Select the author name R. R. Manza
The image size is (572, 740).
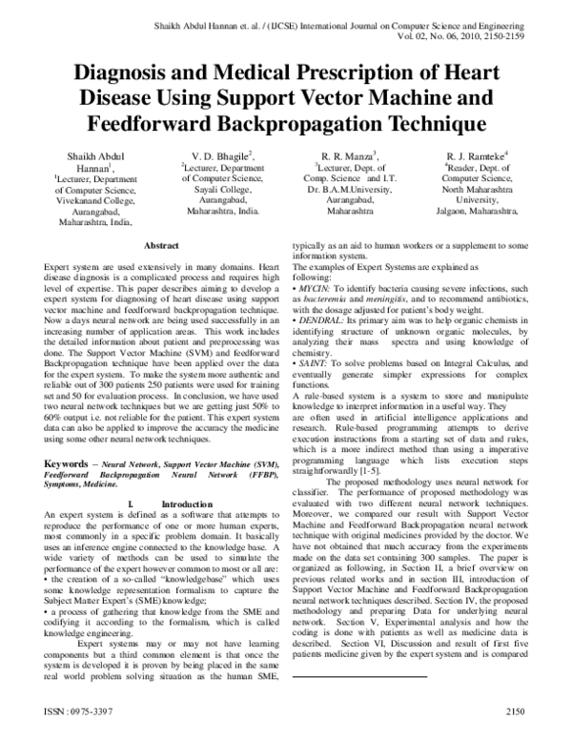(x=347, y=155)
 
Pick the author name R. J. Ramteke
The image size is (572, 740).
(x=475, y=155)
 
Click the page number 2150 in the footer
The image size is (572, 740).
(x=516, y=713)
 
